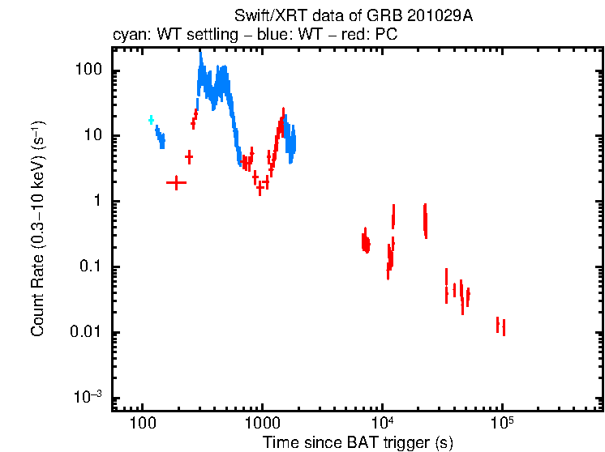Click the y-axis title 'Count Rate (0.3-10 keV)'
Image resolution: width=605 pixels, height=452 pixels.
(x=37, y=228)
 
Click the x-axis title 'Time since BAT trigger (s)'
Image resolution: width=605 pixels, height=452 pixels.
(x=357, y=442)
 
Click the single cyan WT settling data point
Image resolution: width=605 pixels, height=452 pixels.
(x=151, y=120)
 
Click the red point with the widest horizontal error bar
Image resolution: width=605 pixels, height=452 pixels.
(x=176, y=183)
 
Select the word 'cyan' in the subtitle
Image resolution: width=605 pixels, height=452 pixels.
(x=127, y=35)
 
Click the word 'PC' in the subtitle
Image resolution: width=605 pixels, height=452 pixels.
(x=387, y=35)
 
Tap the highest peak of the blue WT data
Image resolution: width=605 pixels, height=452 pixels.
(x=200, y=55)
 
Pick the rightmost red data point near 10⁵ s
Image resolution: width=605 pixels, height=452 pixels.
(x=504, y=327)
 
